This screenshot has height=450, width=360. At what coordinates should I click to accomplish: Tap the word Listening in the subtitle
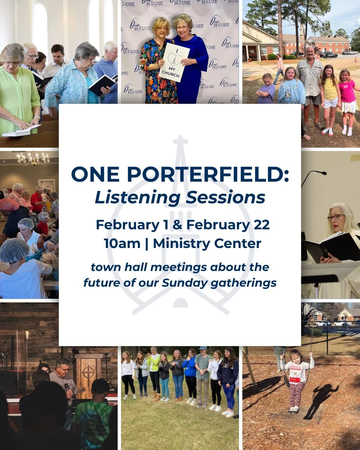pyautogui.click(x=137, y=197)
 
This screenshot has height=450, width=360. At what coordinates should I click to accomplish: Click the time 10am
pyautogui.click(x=122, y=243)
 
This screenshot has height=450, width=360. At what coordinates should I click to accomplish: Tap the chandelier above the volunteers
pyautogui.click(x=33, y=159)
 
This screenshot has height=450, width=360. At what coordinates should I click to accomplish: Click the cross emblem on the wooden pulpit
pyautogui.click(x=88, y=372)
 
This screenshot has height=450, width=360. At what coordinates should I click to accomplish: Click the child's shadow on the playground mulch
pyautogui.click(x=320, y=400)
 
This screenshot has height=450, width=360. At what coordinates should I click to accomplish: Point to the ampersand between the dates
pyautogui.click(x=177, y=225)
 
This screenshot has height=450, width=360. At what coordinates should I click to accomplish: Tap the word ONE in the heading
pyautogui.click(x=95, y=175)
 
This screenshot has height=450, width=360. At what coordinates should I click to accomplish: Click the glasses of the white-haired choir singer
pyautogui.click(x=336, y=217)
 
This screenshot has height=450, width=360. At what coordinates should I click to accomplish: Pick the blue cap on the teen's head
pyautogui.click(x=202, y=348)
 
